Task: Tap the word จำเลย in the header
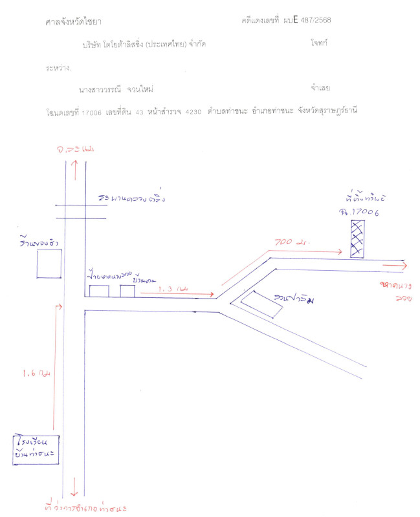point(321,87)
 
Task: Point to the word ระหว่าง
point(59,67)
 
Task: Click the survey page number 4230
point(193,112)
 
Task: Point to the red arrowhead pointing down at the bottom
point(76,490)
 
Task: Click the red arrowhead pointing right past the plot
point(404,264)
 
